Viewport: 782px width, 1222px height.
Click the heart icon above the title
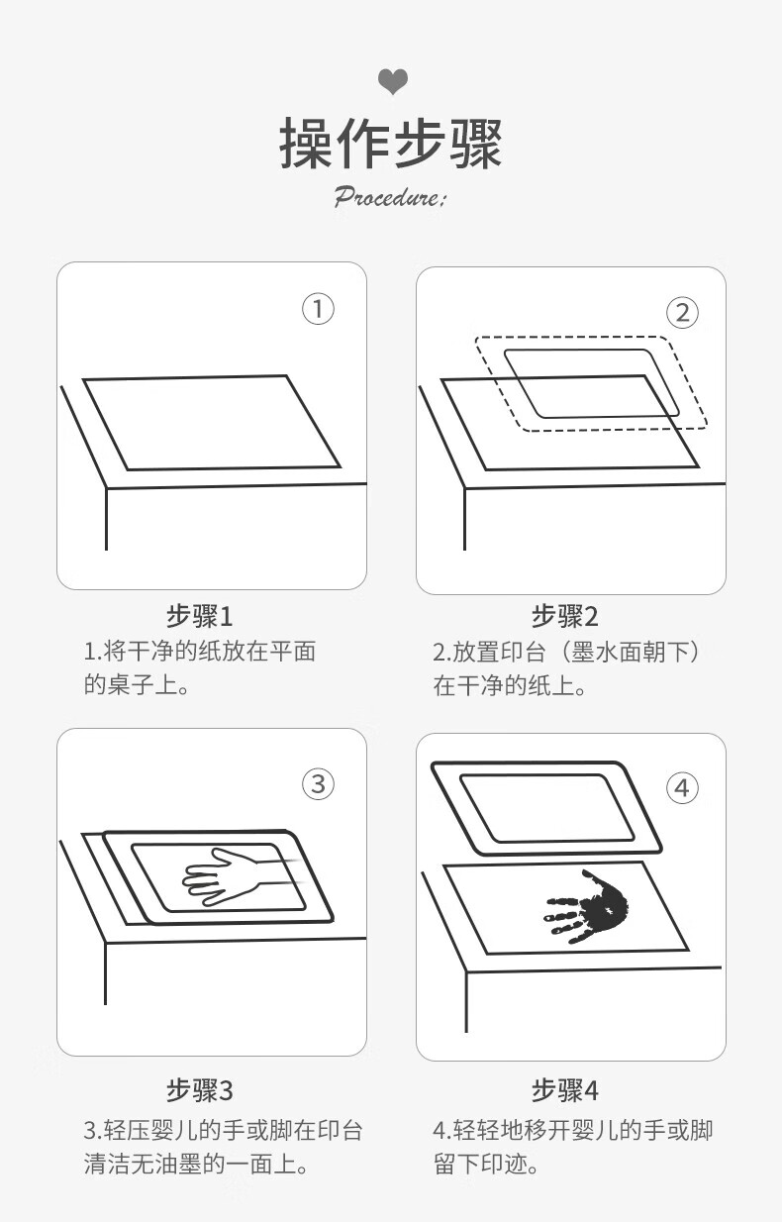(x=393, y=82)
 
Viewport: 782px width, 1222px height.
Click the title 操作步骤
(x=390, y=143)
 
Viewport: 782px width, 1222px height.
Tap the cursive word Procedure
(x=389, y=196)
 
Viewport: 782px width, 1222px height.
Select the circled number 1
(x=318, y=309)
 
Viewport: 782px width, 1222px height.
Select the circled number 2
(x=682, y=313)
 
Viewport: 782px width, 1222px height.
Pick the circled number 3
(x=318, y=784)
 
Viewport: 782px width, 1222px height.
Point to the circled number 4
(x=682, y=787)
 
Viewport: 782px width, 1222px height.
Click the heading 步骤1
(x=200, y=617)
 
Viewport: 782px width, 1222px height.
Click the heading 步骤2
(x=565, y=617)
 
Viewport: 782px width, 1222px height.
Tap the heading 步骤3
(x=200, y=1090)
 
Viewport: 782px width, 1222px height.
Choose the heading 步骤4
(x=565, y=1090)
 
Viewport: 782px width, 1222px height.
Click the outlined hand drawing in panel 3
(x=240, y=876)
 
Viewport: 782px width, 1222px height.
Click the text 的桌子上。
(x=137, y=684)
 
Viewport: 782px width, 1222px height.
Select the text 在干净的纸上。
(x=510, y=685)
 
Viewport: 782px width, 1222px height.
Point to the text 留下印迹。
(x=486, y=1164)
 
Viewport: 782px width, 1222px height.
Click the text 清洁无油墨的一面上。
(x=196, y=1164)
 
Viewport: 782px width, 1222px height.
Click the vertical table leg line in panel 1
(x=106, y=519)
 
